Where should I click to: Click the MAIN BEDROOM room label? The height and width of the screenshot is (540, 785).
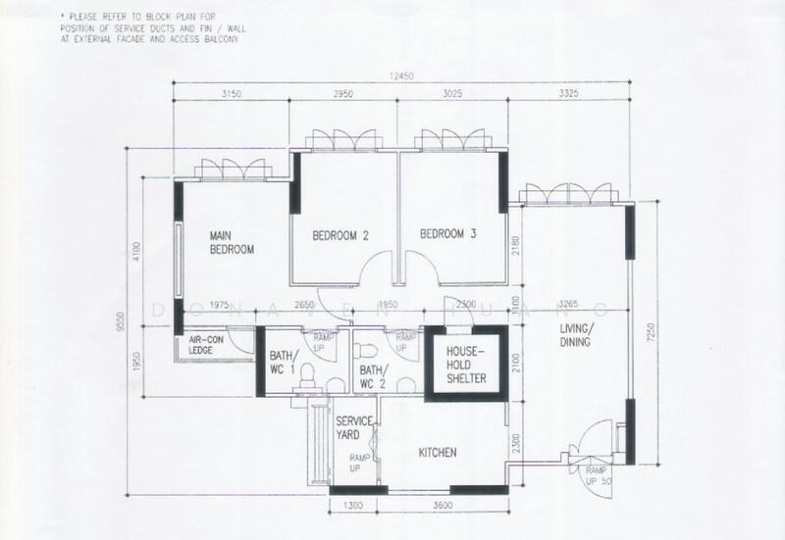point(232,242)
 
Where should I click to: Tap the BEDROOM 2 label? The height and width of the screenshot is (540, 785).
point(340,235)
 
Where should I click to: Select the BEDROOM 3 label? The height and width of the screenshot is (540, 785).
point(447,234)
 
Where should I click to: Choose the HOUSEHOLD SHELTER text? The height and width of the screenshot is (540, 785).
point(466,363)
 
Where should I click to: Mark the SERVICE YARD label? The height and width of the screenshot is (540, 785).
point(354,427)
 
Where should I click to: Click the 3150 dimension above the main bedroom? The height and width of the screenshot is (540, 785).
point(231,94)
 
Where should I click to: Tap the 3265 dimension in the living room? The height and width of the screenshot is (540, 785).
point(569,305)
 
